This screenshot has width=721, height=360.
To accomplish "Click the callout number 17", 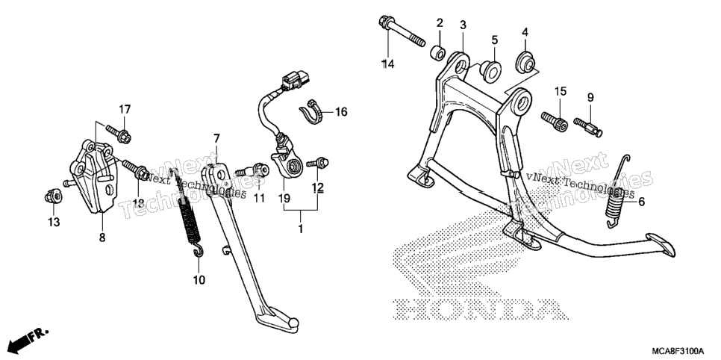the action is click(x=125, y=110).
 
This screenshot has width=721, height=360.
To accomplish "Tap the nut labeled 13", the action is click(x=54, y=197).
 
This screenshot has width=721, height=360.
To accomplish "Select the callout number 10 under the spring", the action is click(x=199, y=280).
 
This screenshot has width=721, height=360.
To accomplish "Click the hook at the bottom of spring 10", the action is click(x=199, y=250).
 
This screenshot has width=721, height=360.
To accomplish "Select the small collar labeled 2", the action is click(x=437, y=52).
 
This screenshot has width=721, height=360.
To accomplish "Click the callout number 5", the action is click(x=494, y=40).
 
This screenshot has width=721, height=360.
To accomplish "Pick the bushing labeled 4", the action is click(x=525, y=63).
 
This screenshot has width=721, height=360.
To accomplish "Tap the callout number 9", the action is click(x=590, y=98).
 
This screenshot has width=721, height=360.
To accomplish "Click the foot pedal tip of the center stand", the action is click(x=661, y=244).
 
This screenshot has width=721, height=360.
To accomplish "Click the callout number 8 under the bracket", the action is click(x=102, y=238).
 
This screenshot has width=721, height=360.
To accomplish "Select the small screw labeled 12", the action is click(x=318, y=163).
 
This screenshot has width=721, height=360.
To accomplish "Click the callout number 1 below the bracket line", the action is click(x=301, y=229).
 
